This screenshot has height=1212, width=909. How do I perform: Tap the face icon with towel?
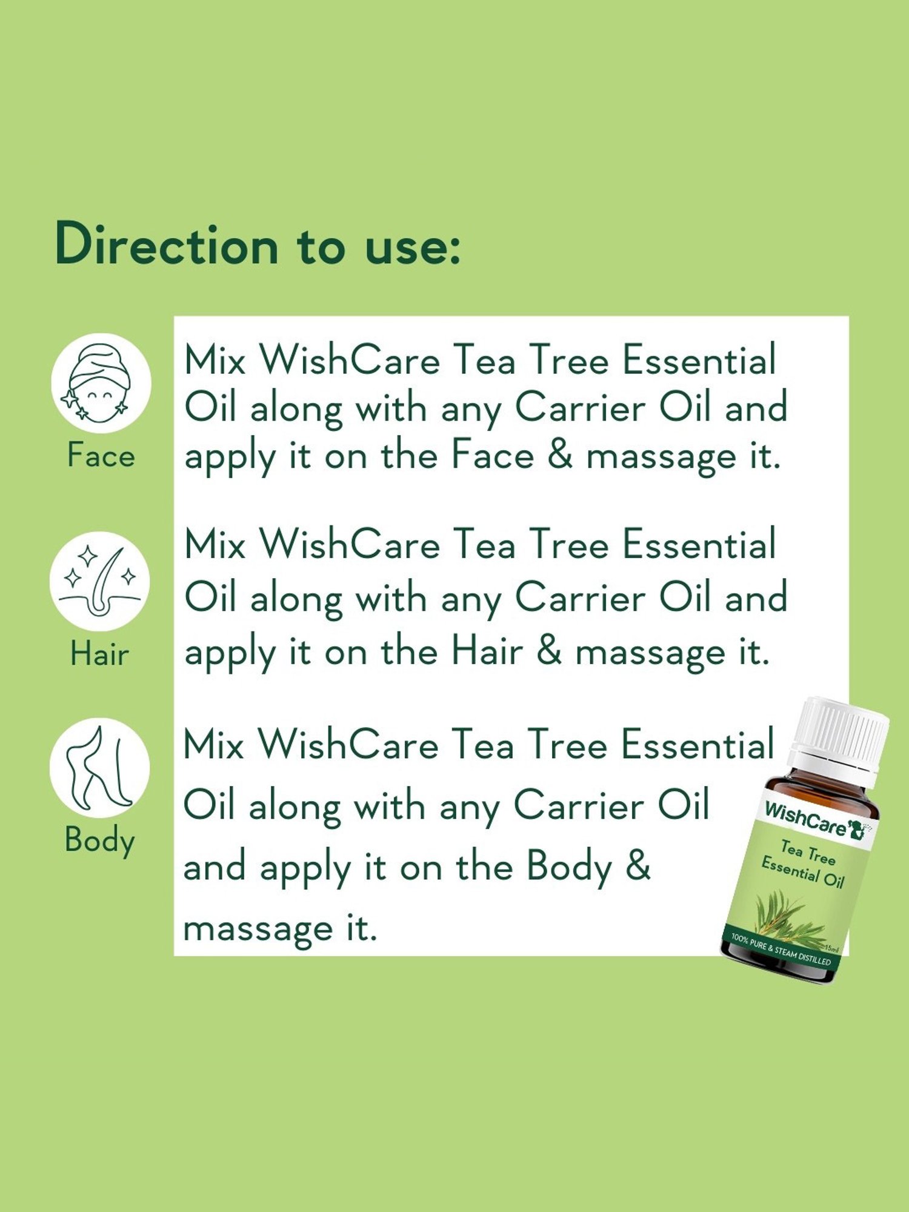coord(101,382)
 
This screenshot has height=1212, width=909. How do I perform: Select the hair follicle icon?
coord(100,582)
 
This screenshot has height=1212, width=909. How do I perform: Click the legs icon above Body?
coord(100,768)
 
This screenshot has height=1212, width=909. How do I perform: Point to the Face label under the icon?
coord(101,455)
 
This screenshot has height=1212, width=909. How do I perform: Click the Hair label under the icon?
coord(100,654)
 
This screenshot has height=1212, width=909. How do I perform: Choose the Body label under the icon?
coord(100,841)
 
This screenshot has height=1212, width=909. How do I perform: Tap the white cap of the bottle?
coord(841,733)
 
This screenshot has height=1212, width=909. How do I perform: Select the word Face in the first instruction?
coord(493,455)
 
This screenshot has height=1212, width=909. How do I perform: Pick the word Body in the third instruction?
coord(570,867)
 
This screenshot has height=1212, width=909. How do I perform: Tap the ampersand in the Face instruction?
coord(560,455)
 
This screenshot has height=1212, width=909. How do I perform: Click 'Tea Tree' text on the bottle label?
coord(808,852)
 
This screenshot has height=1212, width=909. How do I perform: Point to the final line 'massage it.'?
coord(280,928)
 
